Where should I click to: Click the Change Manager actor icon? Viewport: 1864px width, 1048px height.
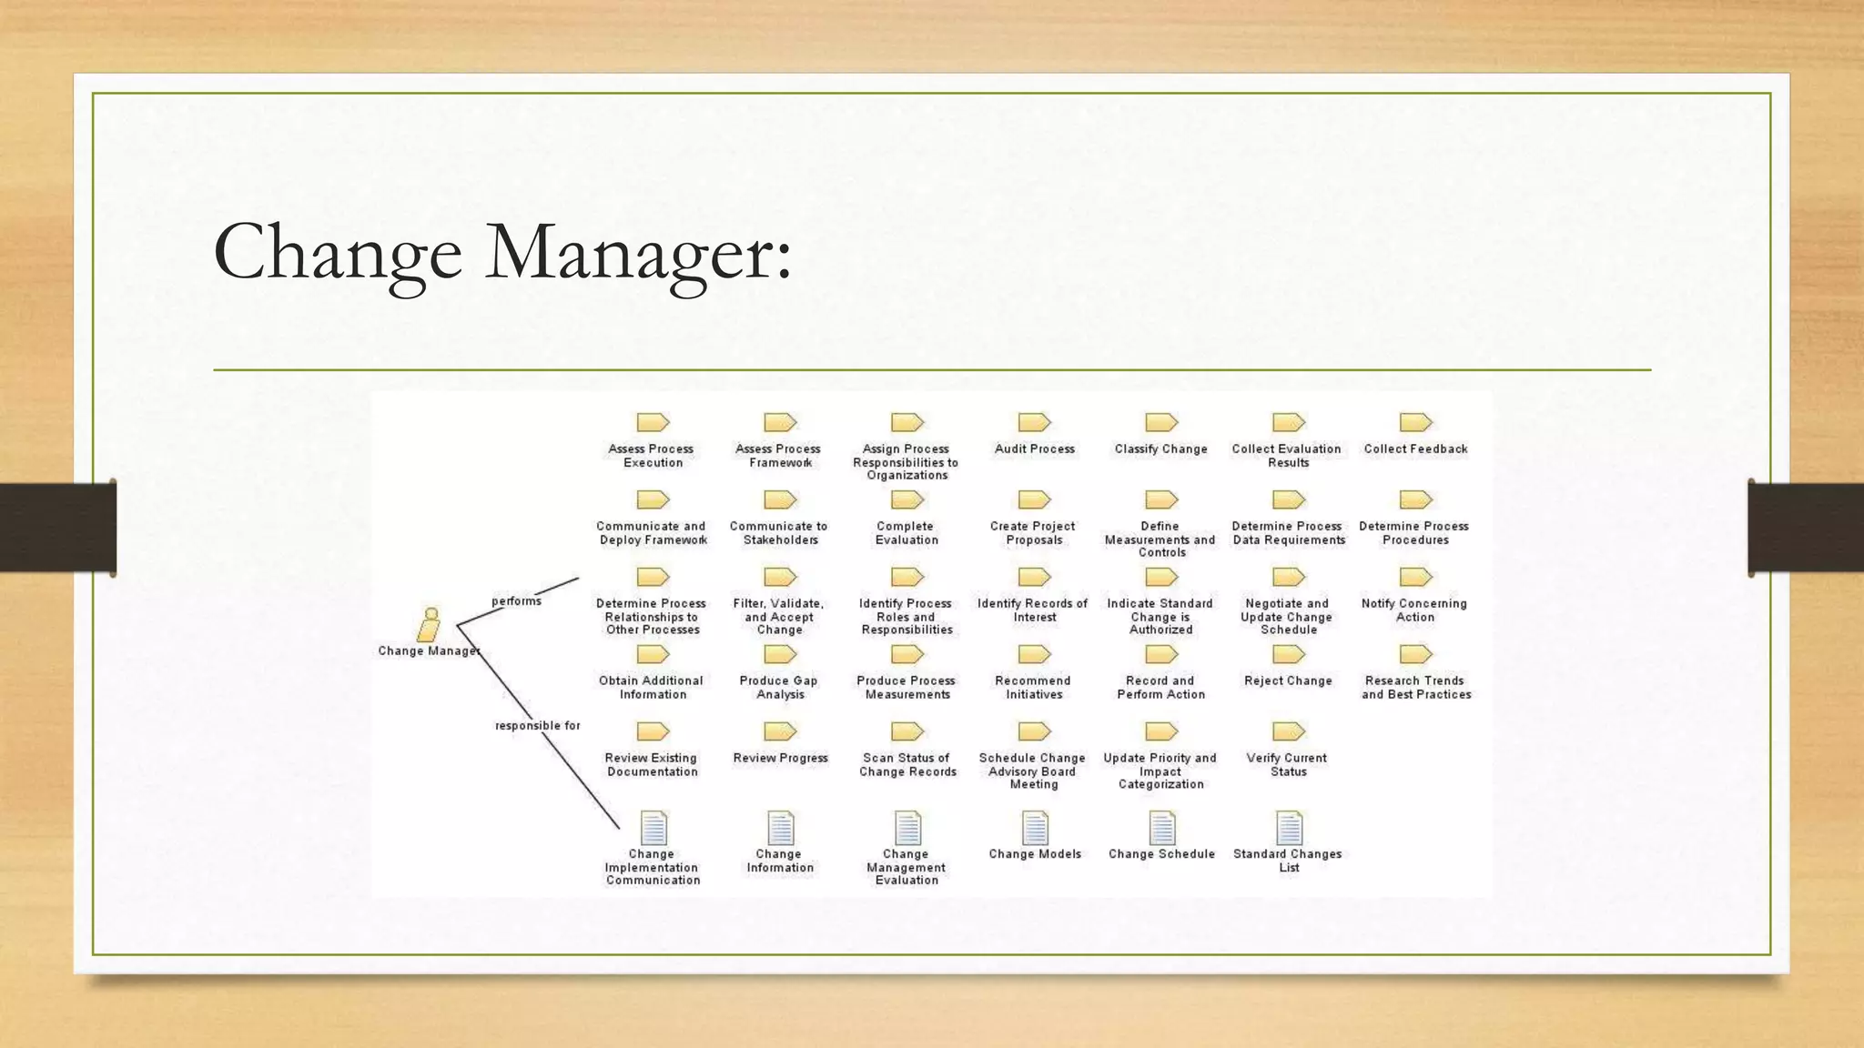[429, 625]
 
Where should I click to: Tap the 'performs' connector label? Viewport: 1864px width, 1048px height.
[516, 601]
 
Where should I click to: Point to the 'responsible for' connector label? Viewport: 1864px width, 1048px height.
[537, 726]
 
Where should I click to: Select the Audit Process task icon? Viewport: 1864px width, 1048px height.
[1034, 422]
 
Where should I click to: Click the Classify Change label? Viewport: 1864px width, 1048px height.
[1160, 449]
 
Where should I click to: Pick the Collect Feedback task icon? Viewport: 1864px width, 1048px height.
[1415, 422]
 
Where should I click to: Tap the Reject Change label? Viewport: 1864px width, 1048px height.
[1288, 681]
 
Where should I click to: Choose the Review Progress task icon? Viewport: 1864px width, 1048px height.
[780, 731]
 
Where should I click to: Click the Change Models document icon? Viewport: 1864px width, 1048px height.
[1035, 828]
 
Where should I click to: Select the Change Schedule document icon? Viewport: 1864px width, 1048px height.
[1161, 828]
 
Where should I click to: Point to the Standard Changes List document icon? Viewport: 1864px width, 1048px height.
[1289, 828]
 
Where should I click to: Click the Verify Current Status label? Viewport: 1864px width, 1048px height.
[1287, 765]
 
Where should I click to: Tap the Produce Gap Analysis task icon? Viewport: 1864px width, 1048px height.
[780, 654]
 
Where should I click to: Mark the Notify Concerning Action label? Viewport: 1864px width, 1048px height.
[1414, 610]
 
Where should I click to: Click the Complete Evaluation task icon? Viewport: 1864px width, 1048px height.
[907, 499]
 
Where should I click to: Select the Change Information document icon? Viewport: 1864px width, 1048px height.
[780, 828]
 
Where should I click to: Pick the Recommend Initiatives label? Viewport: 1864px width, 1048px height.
[1033, 688]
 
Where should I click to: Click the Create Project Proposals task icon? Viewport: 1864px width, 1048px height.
[1034, 499]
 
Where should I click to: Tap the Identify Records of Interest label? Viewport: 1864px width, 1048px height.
[1033, 610]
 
